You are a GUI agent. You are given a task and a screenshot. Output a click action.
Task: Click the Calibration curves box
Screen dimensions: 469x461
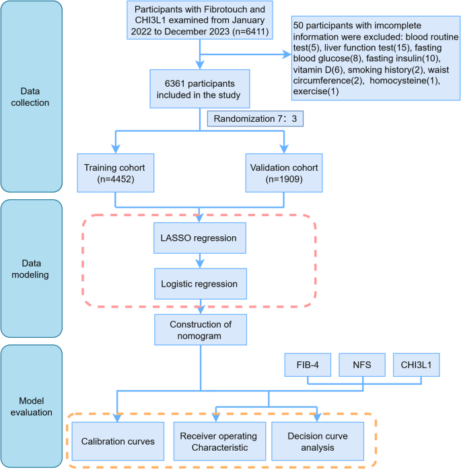point(118,441)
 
